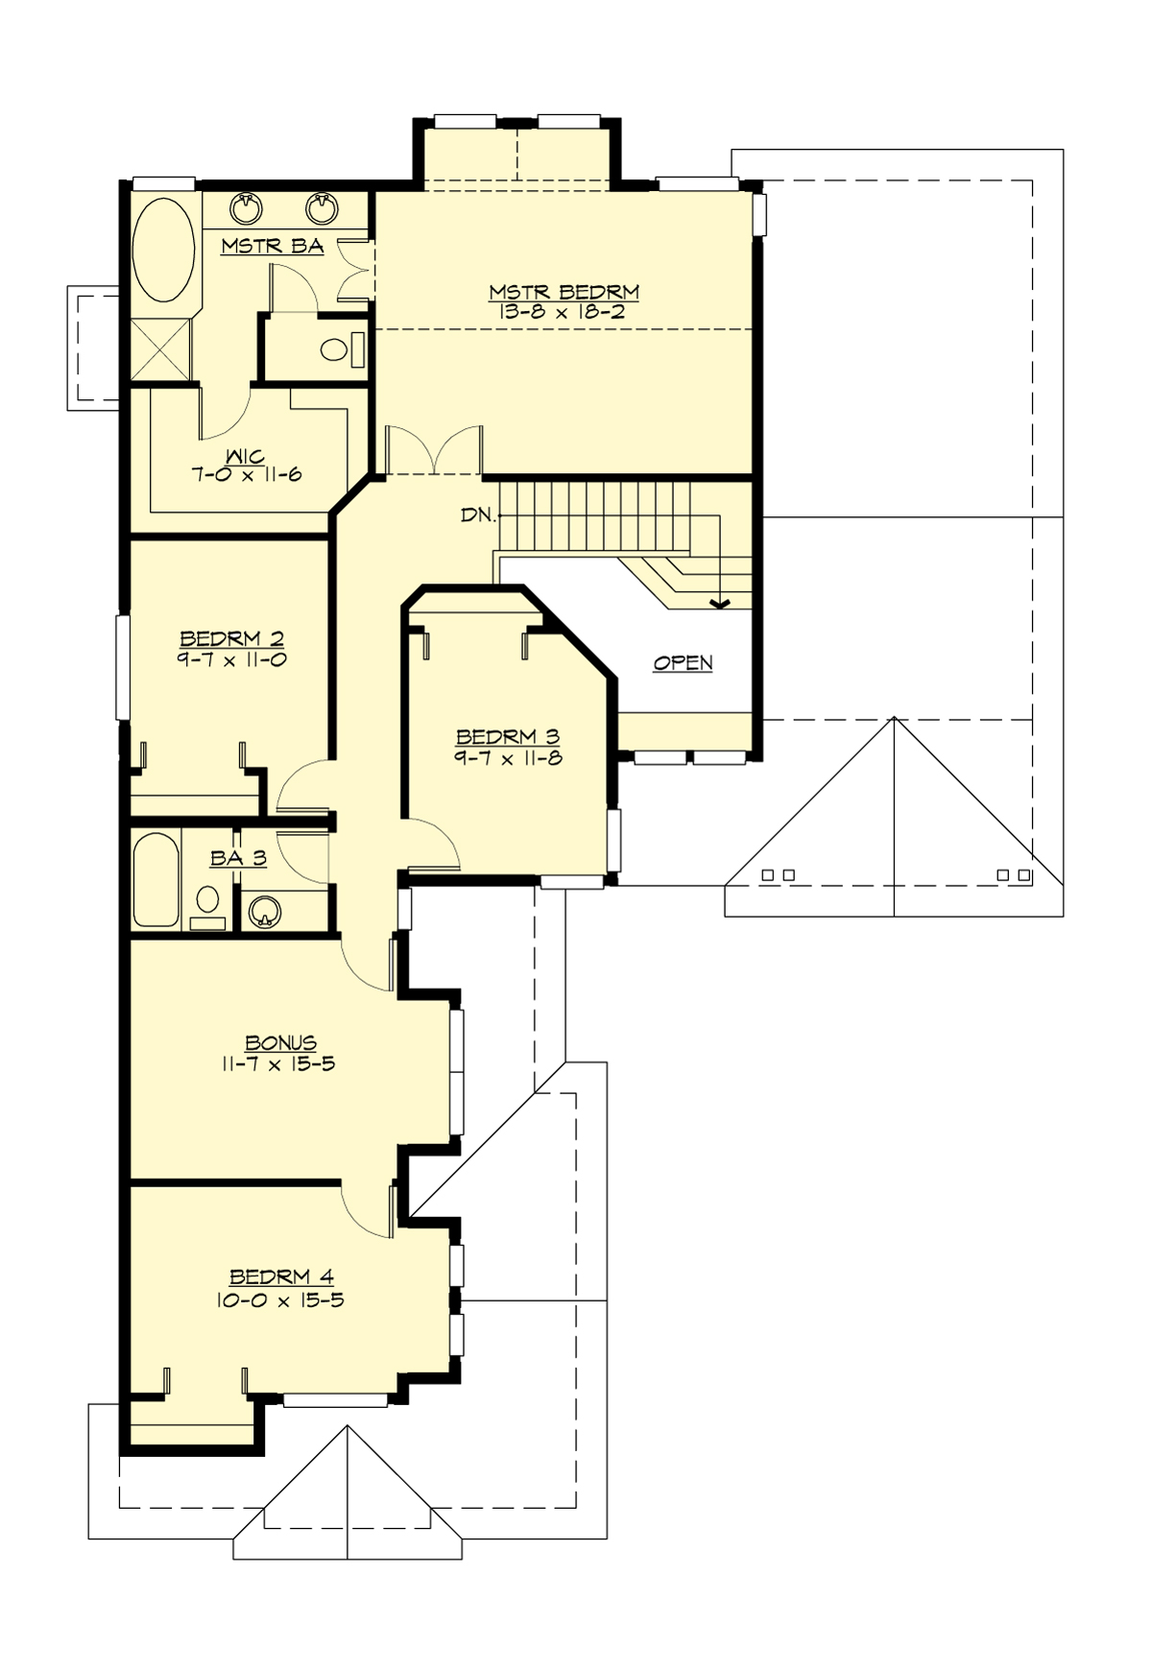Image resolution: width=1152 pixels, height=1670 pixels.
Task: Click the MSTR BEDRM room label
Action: pyautogui.click(x=564, y=292)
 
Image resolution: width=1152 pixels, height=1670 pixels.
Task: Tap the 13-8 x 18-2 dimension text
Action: pyautogui.click(x=564, y=312)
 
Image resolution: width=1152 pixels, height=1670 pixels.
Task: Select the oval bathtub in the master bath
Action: pyautogui.click(x=163, y=248)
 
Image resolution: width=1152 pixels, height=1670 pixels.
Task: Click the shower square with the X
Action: pyautogui.click(x=160, y=350)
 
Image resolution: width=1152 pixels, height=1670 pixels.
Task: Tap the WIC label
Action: pyautogui.click(x=246, y=457)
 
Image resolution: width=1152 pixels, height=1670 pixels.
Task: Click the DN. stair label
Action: pyautogui.click(x=478, y=515)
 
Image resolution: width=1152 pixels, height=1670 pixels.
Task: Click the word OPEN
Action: pyautogui.click(x=683, y=663)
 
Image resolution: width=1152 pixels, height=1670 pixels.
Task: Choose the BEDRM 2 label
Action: pyautogui.click(x=231, y=639)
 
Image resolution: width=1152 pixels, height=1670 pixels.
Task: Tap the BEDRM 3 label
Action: pyautogui.click(x=508, y=737)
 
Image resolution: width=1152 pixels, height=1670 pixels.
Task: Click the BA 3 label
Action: pyautogui.click(x=238, y=858)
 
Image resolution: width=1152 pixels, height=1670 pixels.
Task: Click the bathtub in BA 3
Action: pyautogui.click(x=154, y=880)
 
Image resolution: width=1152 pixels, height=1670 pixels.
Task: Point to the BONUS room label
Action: pyautogui.click(x=280, y=1043)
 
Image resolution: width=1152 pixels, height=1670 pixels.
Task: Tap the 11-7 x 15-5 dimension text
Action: pyautogui.click(x=278, y=1064)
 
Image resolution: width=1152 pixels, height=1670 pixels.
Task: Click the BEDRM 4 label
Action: pyautogui.click(x=281, y=1277)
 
